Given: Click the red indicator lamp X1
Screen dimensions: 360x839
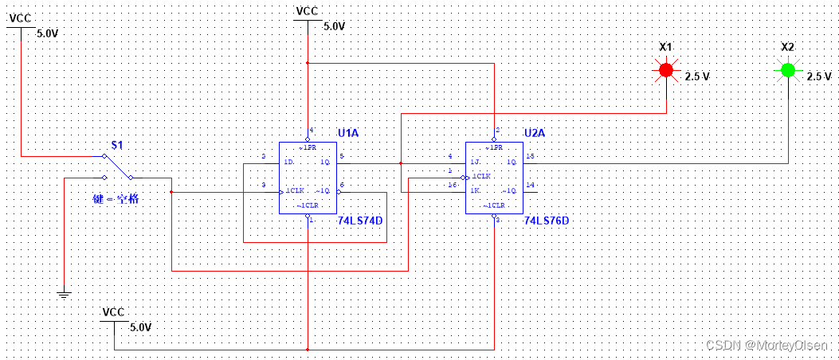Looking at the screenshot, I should click(666, 71).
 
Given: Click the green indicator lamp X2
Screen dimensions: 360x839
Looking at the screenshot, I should click(788, 71).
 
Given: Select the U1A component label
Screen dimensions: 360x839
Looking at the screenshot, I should click(348, 132).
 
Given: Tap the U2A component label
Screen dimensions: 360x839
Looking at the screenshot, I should click(535, 132).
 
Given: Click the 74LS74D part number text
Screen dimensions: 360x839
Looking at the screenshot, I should click(360, 220).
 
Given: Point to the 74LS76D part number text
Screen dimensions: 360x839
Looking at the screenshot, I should click(547, 220).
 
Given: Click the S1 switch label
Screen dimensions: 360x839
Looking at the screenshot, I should click(117, 146).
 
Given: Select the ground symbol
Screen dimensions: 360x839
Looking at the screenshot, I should click(65, 295).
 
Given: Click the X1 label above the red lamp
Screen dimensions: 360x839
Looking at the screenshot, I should click(666, 47).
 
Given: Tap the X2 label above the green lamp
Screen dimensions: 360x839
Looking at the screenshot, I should click(787, 47).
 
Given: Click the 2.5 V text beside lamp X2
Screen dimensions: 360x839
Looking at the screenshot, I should click(818, 76).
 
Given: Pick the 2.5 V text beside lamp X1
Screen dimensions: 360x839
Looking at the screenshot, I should click(697, 76).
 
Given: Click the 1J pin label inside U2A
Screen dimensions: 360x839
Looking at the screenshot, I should click(475, 162).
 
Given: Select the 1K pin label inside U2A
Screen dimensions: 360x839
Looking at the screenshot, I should click(476, 190).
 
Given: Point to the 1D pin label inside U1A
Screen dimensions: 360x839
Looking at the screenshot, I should click(288, 162).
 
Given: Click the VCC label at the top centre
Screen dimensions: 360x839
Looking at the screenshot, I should click(307, 11).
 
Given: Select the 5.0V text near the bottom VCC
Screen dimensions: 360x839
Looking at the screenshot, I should click(139, 327).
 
